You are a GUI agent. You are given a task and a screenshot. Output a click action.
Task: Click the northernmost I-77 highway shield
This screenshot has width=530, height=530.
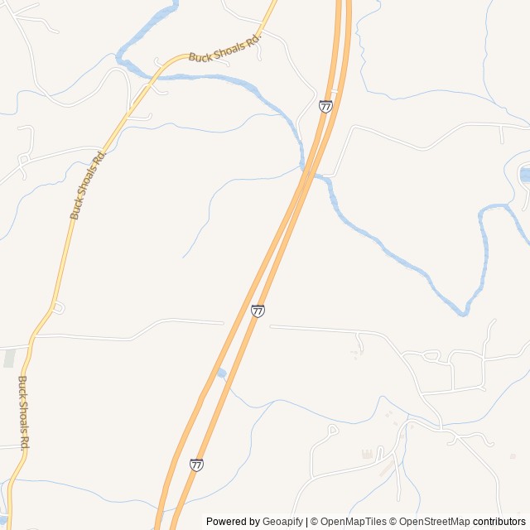(x=325, y=106)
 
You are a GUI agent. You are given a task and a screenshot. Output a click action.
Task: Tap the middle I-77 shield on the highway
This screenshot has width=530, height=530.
(x=258, y=311)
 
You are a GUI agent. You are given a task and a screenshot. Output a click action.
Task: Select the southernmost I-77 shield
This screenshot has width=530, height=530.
(x=196, y=465)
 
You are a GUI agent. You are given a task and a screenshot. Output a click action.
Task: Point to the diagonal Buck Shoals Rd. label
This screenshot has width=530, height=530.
(x=89, y=185)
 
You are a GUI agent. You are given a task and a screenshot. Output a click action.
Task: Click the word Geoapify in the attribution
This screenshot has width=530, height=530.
(x=282, y=522)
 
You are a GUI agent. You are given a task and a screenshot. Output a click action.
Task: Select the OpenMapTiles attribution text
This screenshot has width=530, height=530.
(x=353, y=522)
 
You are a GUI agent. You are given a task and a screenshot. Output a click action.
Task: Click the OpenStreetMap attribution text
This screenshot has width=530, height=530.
(x=434, y=522)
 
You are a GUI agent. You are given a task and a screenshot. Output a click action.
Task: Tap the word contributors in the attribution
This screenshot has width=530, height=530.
(x=499, y=522)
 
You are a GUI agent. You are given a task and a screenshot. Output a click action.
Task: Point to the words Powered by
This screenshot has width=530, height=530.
(x=233, y=522)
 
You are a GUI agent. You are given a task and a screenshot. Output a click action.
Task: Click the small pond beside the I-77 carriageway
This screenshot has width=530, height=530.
(x=221, y=373)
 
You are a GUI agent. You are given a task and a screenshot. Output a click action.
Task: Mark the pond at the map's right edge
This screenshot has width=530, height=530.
(x=525, y=175)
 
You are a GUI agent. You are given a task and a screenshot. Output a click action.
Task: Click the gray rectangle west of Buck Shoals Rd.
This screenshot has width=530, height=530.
(x=9, y=359)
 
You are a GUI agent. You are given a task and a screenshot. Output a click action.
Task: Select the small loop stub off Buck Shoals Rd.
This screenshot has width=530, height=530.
(x=58, y=308)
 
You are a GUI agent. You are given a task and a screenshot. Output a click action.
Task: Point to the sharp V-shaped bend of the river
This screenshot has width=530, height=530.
(x=465, y=312)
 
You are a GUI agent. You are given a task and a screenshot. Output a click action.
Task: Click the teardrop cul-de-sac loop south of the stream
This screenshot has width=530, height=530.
(x=332, y=430)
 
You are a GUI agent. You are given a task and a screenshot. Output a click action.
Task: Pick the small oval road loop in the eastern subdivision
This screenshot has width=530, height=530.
(x=430, y=355)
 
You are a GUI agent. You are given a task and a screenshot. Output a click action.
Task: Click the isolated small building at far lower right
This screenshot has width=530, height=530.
(x=513, y=455)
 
